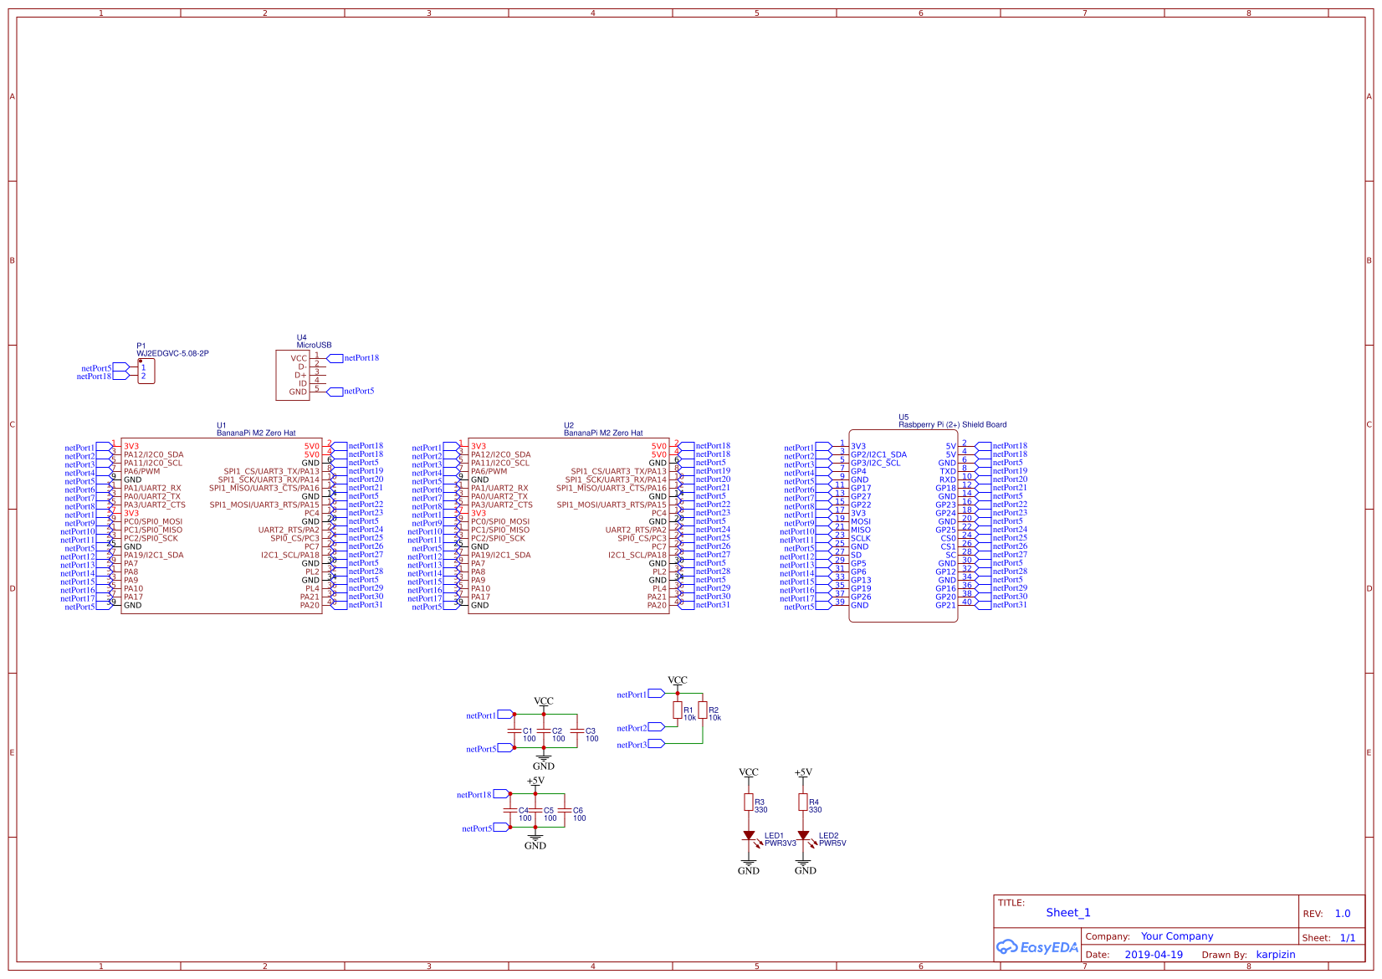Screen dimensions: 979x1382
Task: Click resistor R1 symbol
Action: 677,710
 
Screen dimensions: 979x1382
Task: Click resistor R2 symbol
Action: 703,710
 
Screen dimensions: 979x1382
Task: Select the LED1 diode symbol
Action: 749,835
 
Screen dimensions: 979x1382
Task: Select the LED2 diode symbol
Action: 803,835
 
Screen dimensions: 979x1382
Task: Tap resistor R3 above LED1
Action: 749,802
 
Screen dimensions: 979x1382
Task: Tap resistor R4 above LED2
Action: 803,802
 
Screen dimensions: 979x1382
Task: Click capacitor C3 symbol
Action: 577,730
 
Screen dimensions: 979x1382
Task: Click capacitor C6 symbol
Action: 565,810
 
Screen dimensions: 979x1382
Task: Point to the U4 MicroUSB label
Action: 314,345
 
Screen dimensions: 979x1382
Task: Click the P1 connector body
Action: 146,372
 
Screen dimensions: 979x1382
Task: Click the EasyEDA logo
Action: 1036,947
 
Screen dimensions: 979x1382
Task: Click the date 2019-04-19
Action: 1153,955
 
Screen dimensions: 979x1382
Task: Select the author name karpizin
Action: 1275,955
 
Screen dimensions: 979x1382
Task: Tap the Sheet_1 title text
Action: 1067,913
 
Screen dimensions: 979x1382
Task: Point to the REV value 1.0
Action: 1342,914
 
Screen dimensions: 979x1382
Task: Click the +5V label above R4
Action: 803,772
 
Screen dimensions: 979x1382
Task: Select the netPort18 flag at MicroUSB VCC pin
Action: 361,358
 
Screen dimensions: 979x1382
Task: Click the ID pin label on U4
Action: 303,383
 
